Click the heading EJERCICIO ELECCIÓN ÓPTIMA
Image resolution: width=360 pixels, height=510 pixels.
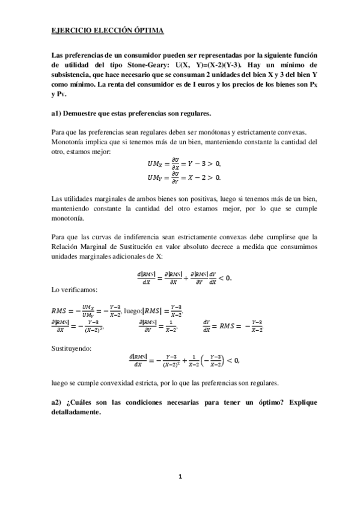[107, 29]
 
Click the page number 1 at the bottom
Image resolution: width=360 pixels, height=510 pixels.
[180, 476]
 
